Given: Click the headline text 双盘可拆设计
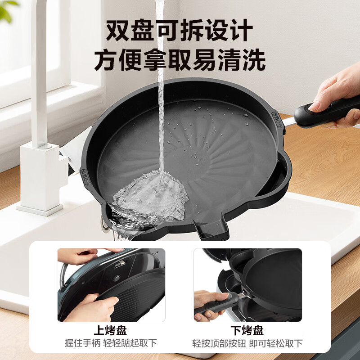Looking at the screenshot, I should pos(180,31).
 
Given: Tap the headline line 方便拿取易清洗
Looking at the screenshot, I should pos(180,60).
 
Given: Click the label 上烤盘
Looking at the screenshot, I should pos(111,331).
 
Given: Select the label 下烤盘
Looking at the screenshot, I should pos(248,331).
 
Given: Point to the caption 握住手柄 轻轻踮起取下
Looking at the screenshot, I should pos(111,343).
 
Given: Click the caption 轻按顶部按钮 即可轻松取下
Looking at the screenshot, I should pos(248,343).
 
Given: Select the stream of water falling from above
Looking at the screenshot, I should pos(160,90).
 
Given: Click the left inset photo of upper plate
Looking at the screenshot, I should pos(111,285).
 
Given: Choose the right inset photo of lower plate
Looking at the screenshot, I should pos(248,285).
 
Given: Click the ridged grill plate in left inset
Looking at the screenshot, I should pos(135,292).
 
